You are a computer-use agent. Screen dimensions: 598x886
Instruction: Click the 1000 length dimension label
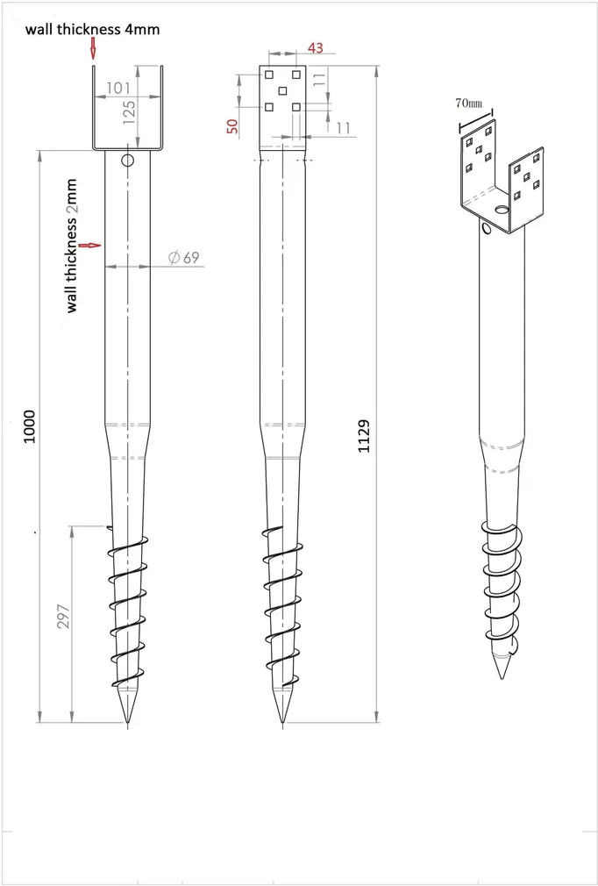29,426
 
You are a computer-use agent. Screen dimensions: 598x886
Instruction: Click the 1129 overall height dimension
364,436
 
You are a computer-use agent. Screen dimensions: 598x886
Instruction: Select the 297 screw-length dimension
64,616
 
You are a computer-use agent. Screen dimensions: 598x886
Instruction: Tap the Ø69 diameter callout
184,258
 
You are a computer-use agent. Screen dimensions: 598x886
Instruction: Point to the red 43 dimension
316,48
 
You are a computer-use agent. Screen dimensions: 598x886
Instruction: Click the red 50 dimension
232,126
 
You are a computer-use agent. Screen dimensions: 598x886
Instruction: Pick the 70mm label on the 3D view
469,104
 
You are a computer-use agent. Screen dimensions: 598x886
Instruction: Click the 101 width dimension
118,88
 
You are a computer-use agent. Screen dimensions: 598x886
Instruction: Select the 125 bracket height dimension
129,112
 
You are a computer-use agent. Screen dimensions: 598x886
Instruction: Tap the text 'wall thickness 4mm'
92,29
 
